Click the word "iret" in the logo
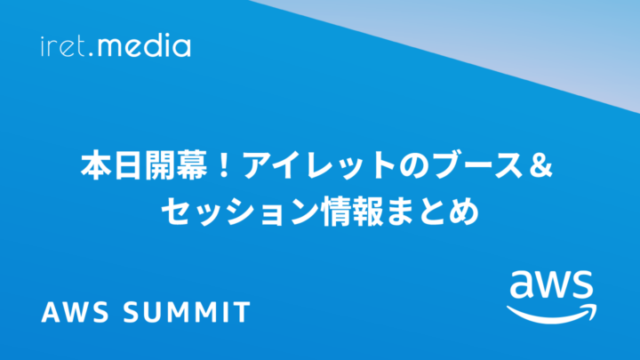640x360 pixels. [63, 46]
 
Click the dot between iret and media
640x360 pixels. [91, 54]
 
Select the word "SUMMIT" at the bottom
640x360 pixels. [187, 312]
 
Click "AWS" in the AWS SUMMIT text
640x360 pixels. [76, 312]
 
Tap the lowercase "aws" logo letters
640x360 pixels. [551, 284]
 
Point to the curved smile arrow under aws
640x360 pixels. [552, 315]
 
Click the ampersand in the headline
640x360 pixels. [541, 165]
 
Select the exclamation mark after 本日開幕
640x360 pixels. [223, 165]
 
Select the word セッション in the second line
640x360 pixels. [240, 212]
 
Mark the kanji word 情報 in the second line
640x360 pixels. [352, 212]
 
